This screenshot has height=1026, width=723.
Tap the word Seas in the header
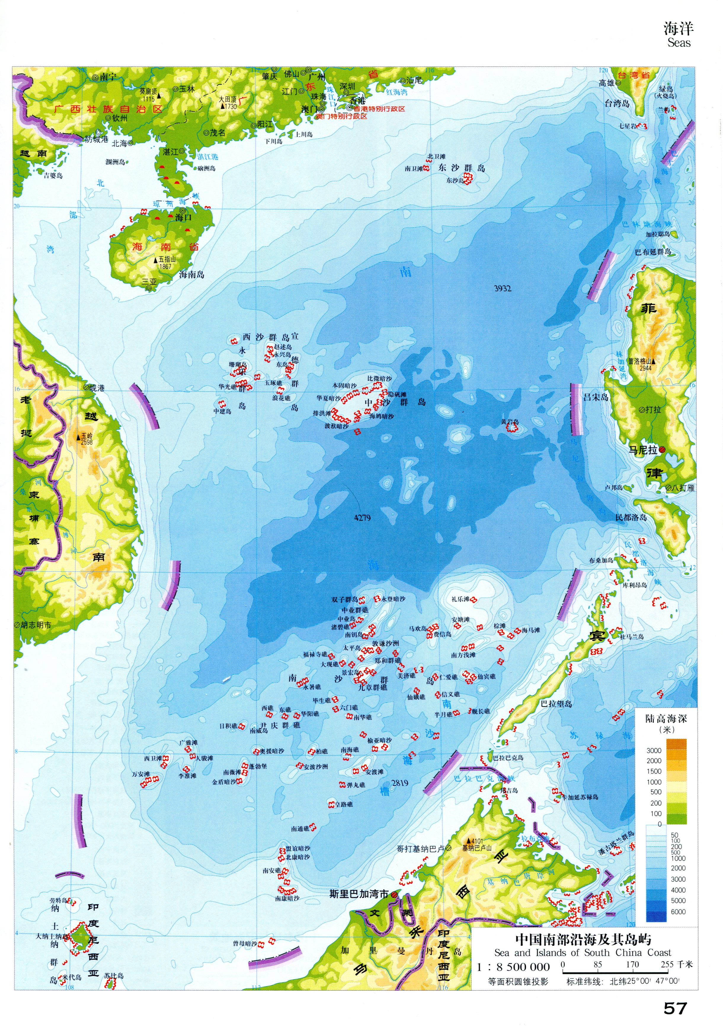(679, 43)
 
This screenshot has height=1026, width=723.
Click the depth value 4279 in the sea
(362, 518)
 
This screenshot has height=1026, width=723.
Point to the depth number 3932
(502, 289)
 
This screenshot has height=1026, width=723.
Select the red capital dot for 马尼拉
(663, 449)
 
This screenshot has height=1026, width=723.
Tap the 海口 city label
(183, 217)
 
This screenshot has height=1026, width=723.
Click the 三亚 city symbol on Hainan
(149, 288)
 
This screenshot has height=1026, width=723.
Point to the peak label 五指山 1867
(164, 262)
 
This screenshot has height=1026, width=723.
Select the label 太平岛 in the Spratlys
(352, 647)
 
